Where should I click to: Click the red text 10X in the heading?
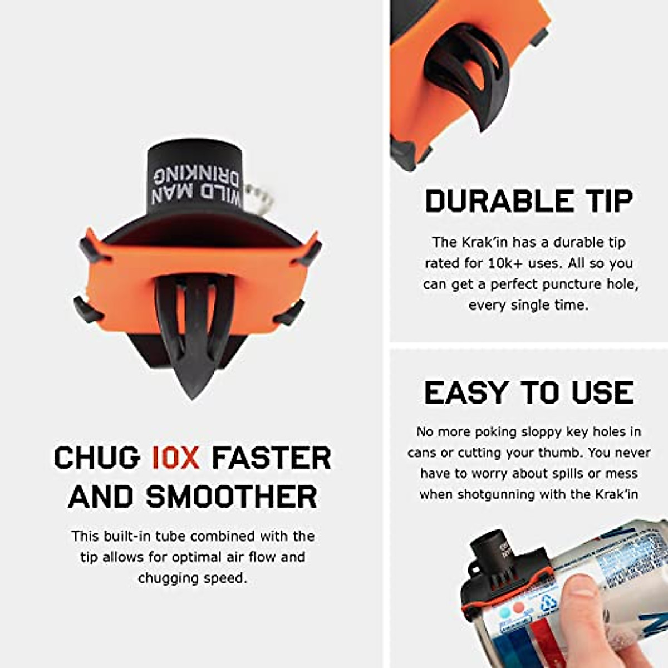pos(175,458)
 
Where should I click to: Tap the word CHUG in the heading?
pos(97,458)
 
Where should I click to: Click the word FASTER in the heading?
pos(271,458)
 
